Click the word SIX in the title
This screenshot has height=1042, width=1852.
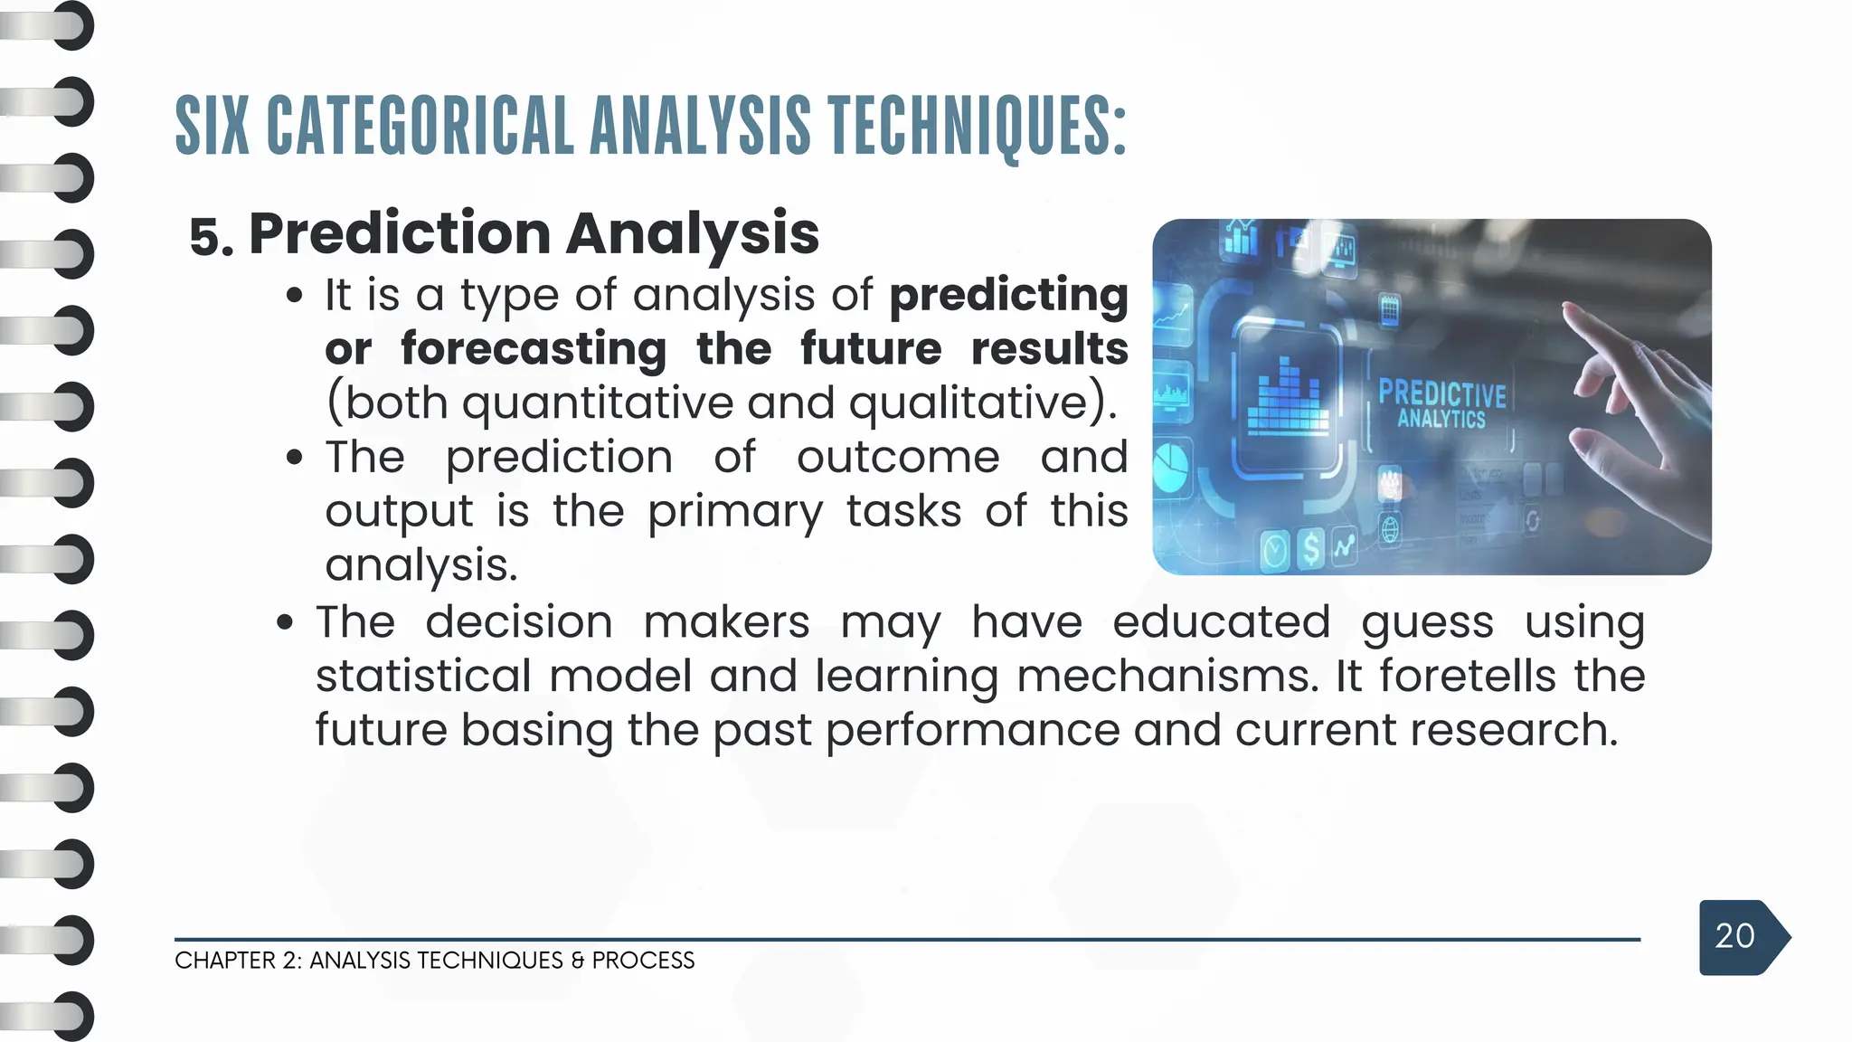pos(212,126)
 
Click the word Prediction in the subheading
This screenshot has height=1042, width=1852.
pos(399,233)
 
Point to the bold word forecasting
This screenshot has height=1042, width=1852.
pos(534,349)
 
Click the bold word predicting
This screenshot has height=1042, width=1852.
pos(1008,296)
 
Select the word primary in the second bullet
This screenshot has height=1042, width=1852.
pos(734,511)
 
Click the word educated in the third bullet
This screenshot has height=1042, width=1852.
pos(1221,622)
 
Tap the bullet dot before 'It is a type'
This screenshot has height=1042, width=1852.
pos(294,296)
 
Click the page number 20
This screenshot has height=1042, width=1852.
pos(1734,936)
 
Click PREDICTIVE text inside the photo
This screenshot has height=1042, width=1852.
pos(1441,394)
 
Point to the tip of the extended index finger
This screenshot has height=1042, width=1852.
pos(1569,311)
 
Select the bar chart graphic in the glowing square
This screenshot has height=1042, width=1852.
pos(1287,399)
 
